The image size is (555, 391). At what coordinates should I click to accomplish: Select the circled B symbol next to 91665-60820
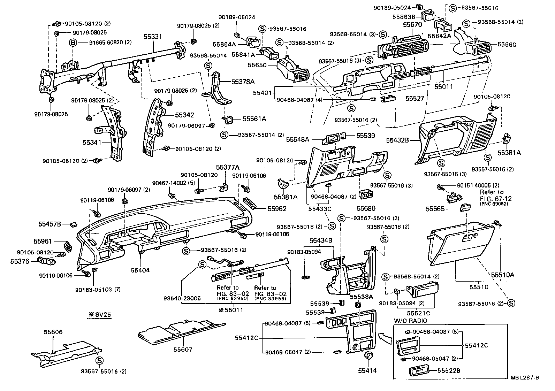(73, 43)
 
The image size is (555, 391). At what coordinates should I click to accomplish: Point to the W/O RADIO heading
(410, 321)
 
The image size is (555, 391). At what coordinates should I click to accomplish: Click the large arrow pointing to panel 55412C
(385, 337)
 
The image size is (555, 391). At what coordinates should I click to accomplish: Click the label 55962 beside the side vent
(277, 209)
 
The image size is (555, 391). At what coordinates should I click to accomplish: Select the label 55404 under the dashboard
(140, 270)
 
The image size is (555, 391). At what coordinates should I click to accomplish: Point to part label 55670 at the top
(412, 25)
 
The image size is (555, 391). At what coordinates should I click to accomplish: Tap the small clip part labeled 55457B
(74, 224)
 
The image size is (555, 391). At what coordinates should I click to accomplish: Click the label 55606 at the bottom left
(53, 332)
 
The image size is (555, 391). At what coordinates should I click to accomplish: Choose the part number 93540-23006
(182, 299)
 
